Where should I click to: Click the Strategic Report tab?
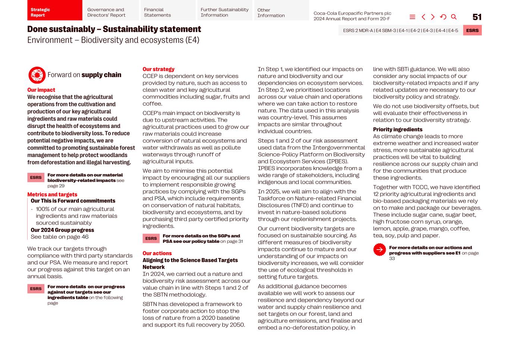54,12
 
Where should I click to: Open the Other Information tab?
281,12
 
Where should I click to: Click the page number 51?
477,17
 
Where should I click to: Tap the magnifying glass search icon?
453,17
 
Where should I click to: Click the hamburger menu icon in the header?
412,17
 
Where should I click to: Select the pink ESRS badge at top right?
472,31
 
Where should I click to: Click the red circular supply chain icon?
37,75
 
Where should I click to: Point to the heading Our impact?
41,90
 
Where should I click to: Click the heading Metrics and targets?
52,194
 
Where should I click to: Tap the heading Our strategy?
158,69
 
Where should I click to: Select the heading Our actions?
157,253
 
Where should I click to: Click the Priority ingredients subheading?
398,129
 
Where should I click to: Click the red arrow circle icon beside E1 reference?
379,250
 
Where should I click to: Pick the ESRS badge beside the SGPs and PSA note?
151,238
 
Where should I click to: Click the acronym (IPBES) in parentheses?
334,161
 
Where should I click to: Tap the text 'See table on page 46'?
59,237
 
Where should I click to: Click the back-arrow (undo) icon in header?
443,17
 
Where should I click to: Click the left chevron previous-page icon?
423,17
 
